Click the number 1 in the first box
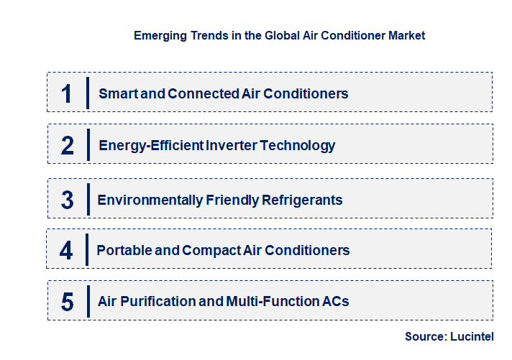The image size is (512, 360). pos(67,93)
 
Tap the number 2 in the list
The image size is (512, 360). pos(68,146)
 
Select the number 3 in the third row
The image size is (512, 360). pos(68,200)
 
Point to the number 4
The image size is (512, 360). pos(67,251)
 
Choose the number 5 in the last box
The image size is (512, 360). pos(68,302)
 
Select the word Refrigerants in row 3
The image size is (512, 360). pos(301,200)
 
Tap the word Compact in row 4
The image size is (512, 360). pos(208,251)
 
